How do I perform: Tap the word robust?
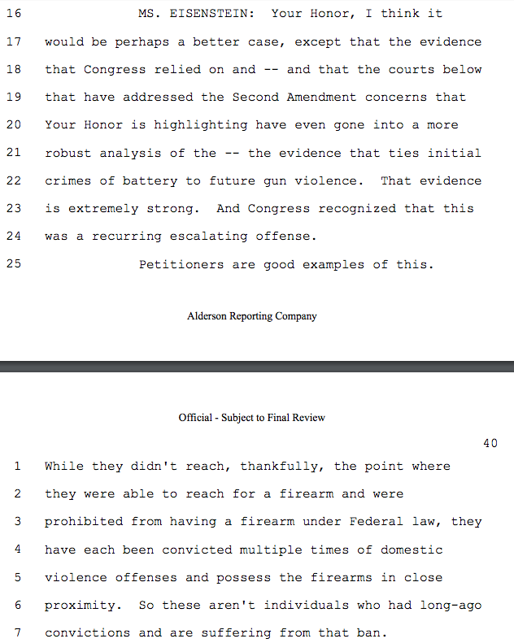coord(68,153)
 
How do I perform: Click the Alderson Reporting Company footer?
coord(252,316)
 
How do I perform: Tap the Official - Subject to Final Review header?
coord(252,417)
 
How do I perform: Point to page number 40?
coord(490,443)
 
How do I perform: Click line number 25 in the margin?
coord(12,264)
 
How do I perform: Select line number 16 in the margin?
coord(12,14)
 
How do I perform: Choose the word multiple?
coord(269,550)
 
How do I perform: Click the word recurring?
coord(127,236)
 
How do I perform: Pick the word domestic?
coord(411,550)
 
